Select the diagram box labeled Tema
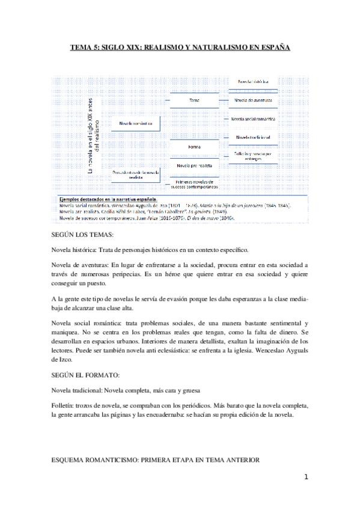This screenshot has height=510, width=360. click(194, 100)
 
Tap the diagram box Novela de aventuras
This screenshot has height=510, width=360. click(252, 100)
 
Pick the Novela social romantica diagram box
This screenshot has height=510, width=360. click(252, 118)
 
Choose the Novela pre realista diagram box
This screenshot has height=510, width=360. click(194, 164)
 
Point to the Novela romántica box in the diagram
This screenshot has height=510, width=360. click(136, 123)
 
